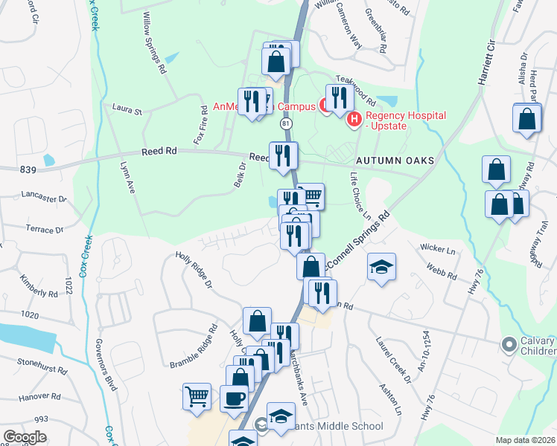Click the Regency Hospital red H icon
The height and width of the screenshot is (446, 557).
pyautogui.click(x=353, y=118)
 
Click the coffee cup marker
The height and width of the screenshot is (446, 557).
pyautogui.click(x=235, y=397)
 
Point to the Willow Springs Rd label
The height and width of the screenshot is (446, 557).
pyautogui.click(x=153, y=44)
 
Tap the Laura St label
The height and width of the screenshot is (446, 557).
pyautogui.click(x=127, y=111)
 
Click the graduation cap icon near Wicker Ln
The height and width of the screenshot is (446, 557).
pyautogui.click(x=381, y=268)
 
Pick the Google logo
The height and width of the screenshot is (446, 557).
pyautogui.click(x=25, y=437)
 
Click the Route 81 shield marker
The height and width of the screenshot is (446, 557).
pyautogui.click(x=286, y=123)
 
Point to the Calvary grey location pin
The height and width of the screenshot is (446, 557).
pyautogui.click(x=509, y=344)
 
